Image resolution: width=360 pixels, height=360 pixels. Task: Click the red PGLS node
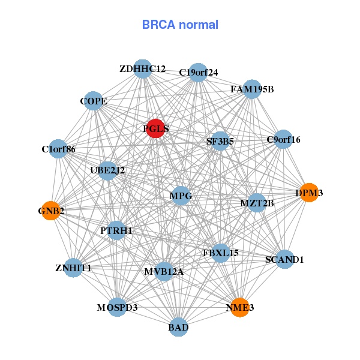coord(155,128)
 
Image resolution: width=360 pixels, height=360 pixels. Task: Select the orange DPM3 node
coord(308,193)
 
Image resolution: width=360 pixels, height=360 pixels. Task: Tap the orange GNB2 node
coord(50,211)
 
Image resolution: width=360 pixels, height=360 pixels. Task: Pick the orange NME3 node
coord(239,307)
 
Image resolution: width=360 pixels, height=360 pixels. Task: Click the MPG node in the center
coord(180,196)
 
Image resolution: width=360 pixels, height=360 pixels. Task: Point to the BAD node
coord(178,327)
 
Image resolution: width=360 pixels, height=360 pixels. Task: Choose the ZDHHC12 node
coord(142,69)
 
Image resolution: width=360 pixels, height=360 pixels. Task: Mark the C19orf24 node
coord(198,73)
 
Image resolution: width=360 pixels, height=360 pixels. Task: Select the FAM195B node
coord(252,89)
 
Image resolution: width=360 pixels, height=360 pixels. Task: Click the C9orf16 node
coord(283,140)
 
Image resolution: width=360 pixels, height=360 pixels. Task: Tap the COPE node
coord(94,101)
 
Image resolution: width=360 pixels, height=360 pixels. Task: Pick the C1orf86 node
coord(58,149)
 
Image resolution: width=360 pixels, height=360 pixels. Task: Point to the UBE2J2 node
coord(108,170)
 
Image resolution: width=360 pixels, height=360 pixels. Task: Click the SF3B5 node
coord(220,142)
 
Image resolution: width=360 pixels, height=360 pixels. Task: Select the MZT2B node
coord(257,203)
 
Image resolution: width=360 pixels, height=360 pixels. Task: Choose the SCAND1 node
coord(284,260)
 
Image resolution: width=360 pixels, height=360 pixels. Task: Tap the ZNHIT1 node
coord(73,268)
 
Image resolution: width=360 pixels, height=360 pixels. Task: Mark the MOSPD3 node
coord(117,307)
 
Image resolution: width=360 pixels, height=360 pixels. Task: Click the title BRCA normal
coord(180,25)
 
